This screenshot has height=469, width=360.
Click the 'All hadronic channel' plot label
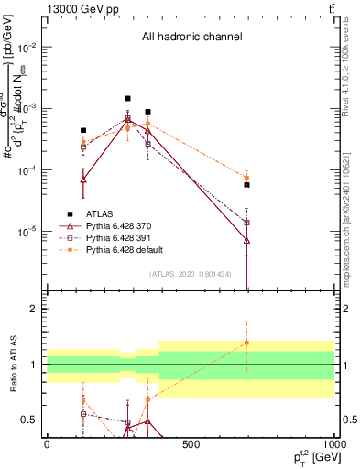[x=191, y=38]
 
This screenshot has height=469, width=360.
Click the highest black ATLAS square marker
[x=128, y=98]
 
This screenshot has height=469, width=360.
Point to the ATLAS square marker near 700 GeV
[x=246, y=185]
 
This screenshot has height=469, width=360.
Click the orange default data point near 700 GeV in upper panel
[x=246, y=178]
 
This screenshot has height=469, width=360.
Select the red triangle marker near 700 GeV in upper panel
[x=246, y=240]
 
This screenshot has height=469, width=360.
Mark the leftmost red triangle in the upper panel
[x=83, y=180]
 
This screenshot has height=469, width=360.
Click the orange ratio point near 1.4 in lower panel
[x=246, y=343]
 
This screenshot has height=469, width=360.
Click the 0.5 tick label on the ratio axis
[x=29, y=420]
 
